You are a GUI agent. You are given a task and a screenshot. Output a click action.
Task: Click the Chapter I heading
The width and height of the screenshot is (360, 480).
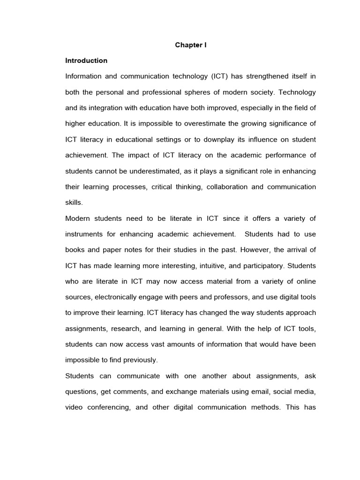pos(191,45)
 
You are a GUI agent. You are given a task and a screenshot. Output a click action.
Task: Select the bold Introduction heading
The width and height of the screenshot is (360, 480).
pos(86,60)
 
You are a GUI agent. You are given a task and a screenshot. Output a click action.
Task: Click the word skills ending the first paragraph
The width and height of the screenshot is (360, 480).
pos(74,202)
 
